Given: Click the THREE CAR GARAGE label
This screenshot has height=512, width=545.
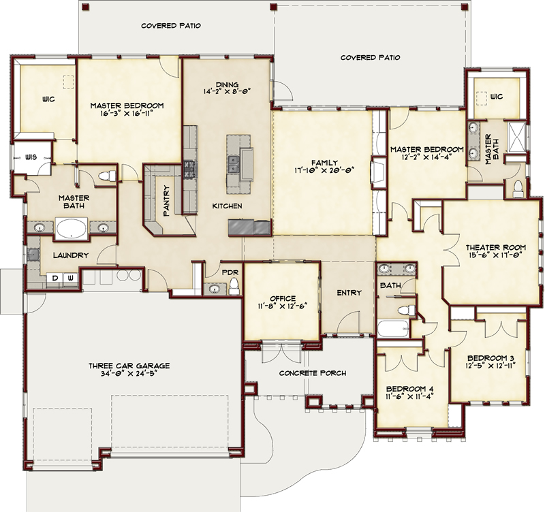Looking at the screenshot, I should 129,366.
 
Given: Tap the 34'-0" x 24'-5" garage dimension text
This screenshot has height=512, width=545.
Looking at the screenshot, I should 129,374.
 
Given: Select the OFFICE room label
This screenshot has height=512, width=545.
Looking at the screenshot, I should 281,298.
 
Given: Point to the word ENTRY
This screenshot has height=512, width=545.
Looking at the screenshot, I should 349,293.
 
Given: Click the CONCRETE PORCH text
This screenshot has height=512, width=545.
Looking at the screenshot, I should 313,373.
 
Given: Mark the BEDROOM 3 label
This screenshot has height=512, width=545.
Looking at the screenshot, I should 490,358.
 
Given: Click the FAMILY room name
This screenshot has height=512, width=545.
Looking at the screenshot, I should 324,163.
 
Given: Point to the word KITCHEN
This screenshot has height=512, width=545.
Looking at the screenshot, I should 227,206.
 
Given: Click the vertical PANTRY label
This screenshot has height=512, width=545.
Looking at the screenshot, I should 166,201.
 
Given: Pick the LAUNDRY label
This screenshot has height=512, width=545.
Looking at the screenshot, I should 71,255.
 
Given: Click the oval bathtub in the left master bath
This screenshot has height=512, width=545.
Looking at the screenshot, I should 70,228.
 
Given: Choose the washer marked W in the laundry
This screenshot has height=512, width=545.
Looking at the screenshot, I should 70,278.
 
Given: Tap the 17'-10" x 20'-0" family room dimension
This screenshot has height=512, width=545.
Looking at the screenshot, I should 324,171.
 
